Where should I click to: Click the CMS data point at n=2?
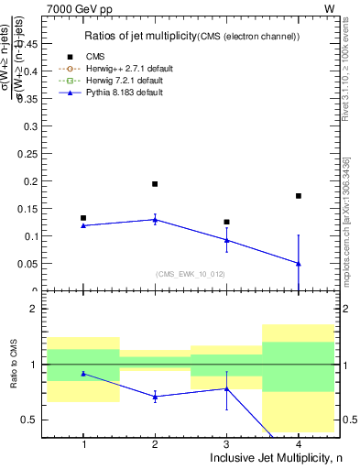[x=155, y=184]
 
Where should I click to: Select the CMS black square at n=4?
[x=299, y=196]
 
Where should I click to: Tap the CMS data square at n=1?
[x=83, y=218]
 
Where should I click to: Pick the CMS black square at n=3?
[x=226, y=222]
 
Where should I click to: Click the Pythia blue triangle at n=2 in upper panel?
[x=155, y=219]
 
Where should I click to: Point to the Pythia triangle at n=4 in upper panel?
[x=299, y=263]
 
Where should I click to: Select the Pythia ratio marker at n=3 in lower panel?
[x=226, y=388]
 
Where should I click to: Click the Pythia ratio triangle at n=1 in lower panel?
[x=83, y=374]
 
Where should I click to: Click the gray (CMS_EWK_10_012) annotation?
[x=190, y=274]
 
